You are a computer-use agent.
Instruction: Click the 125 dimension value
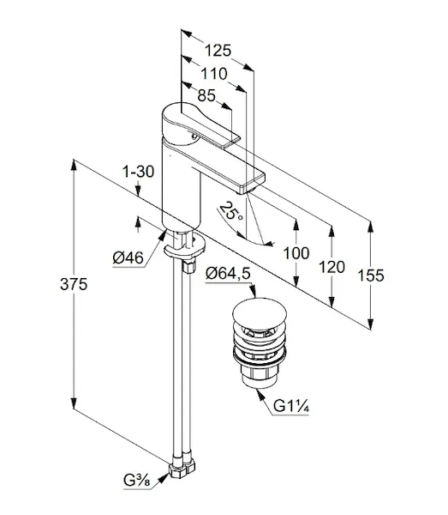click(x=218, y=51)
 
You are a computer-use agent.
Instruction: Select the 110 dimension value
click(x=213, y=74)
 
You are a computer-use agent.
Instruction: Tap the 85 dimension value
click(x=206, y=95)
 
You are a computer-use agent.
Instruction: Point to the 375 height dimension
click(x=74, y=284)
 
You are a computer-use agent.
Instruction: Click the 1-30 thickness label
click(x=138, y=172)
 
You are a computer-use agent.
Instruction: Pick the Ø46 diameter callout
click(x=128, y=257)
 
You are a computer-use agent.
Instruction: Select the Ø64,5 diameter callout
click(x=228, y=273)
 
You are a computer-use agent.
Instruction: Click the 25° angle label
click(x=232, y=211)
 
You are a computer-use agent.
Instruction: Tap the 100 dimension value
click(x=296, y=253)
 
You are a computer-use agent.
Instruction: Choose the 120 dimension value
click(x=332, y=267)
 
